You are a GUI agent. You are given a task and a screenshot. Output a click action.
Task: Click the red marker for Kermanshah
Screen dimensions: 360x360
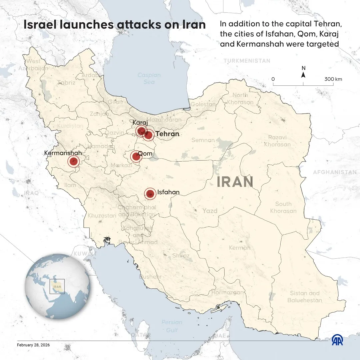(x=74, y=162)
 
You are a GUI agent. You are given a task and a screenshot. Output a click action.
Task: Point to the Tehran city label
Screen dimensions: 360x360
(x=167, y=134)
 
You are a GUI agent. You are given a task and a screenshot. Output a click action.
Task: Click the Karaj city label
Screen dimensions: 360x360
(x=140, y=122)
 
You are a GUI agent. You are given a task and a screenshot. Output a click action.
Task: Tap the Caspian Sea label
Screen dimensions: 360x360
(x=149, y=79)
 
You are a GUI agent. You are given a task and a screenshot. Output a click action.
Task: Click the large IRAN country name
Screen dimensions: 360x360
(x=235, y=182)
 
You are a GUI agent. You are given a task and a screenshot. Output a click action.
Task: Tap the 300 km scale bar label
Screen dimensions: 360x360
(x=333, y=79)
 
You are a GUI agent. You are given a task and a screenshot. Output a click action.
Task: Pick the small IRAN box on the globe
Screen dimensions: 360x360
(x=57, y=286)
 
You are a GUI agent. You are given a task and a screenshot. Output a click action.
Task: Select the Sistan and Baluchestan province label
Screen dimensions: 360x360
(x=305, y=297)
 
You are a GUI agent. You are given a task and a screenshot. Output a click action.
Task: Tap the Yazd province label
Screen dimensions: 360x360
(x=210, y=211)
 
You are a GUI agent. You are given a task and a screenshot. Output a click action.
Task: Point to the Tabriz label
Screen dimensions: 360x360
(x=66, y=83)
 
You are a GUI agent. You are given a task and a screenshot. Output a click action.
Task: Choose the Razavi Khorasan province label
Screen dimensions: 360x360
(x=277, y=141)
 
